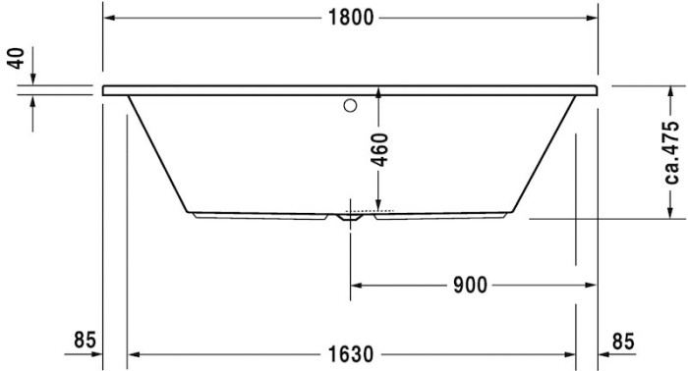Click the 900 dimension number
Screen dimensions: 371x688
[470, 286]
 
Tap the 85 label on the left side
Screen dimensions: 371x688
[86, 340]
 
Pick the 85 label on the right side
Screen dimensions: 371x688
[623, 340]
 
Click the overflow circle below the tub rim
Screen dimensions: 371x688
[350, 103]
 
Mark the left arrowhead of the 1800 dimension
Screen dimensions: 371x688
[111, 19]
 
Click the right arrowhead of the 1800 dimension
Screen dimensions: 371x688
[592, 19]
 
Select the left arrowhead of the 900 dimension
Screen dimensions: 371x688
[358, 286]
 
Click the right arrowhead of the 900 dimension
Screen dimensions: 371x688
[592, 286]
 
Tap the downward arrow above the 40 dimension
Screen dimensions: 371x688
[34, 79]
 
